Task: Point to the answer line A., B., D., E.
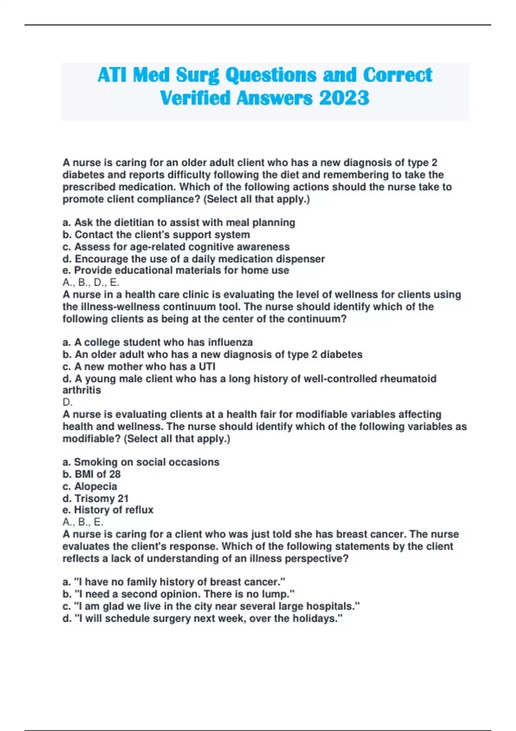click(91, 283)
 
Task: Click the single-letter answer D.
click(68, 402)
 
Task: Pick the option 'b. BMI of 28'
click(92, 474)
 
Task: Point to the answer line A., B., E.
click(83, 522)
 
